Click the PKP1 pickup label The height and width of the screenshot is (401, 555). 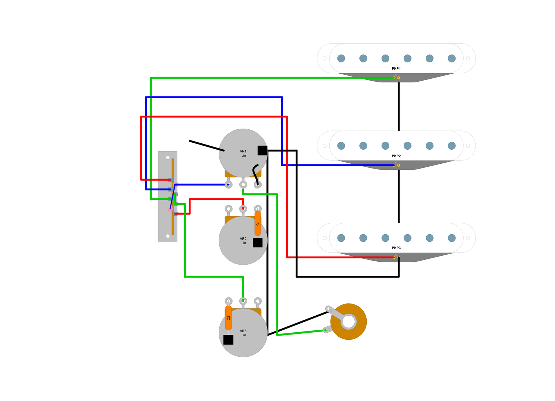(x=396, y=69)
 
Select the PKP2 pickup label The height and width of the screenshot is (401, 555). (x=396, y=156)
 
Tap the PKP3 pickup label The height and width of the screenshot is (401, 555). (x=396, y=248)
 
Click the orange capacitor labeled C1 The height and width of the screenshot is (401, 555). (x=258, y=223)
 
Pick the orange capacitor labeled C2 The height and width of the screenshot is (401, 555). (x=228, y=318)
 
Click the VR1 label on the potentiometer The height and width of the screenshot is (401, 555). (x=243, y=152)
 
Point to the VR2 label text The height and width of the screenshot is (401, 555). (x=243, y=239)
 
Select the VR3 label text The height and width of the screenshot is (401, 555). (x=243, y=331)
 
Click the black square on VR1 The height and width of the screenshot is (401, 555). (x=262, y=150)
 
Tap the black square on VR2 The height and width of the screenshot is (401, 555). (x=258, y=242)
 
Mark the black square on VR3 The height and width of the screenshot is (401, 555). (x=228, y=340)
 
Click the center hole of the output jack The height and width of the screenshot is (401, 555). (x=349, y=322)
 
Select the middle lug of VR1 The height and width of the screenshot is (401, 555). (x=243, y=184)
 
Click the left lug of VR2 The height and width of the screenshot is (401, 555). (x=229, y=209)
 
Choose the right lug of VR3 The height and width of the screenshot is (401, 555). (x=258, y=301)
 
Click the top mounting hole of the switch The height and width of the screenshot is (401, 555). (x=168, y=157)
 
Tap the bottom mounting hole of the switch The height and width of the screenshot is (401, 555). (x=168, y=236)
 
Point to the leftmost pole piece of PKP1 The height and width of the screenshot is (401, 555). (x=341, y=58)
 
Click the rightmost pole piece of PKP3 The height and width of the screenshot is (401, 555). (x=452, y=238)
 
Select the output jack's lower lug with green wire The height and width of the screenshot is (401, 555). (x=326, y=330)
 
